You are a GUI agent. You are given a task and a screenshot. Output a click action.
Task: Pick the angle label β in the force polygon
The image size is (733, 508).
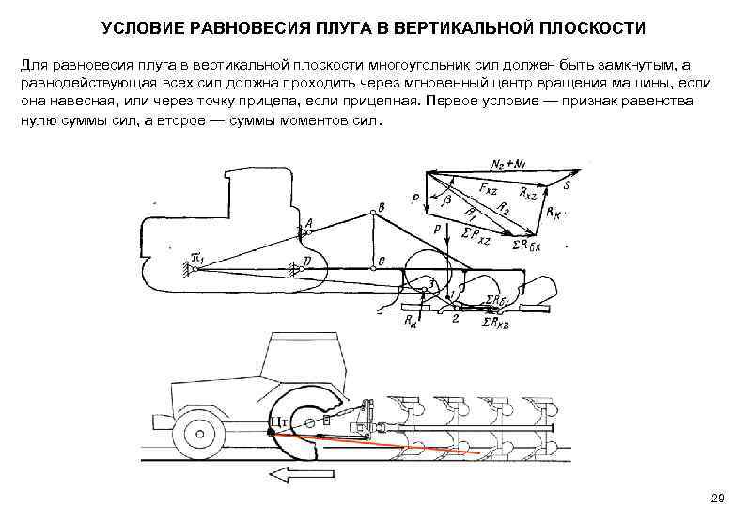coord(447,200)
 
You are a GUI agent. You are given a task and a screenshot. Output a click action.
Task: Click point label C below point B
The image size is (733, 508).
coord(380,261)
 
